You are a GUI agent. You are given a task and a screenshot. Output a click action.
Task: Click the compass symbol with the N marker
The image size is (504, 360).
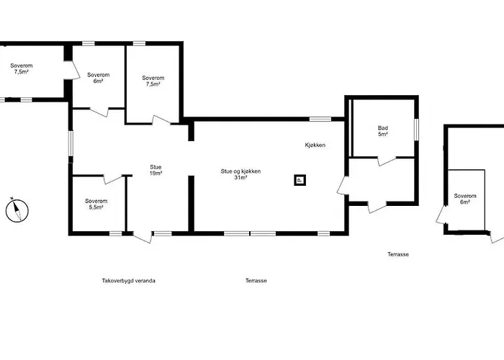(17, 210)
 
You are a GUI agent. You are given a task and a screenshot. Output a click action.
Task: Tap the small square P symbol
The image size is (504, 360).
(300, 180)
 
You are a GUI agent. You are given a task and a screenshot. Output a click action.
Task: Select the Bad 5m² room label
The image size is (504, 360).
(383, 131)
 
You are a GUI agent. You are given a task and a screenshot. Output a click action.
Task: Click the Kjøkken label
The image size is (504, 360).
(315, 145)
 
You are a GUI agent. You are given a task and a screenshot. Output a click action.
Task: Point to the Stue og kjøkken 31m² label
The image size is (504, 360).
(240, 174)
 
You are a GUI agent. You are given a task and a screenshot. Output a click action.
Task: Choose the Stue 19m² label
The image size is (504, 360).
(156, 171)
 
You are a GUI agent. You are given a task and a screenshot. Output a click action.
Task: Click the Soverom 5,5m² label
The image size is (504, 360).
(96, 204)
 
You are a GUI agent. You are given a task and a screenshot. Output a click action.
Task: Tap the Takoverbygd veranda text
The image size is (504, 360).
(129, 281)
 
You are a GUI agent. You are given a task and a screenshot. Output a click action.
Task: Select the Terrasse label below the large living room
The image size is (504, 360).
(256, 281)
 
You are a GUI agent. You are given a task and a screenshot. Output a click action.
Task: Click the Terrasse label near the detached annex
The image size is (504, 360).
(398, 254)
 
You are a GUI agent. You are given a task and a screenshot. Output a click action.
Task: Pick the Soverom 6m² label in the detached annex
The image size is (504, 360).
(465, 199)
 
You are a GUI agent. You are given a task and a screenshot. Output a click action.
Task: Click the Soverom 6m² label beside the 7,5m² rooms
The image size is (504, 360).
(99, 78)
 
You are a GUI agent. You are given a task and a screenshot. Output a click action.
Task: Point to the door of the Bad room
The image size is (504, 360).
(387, 161)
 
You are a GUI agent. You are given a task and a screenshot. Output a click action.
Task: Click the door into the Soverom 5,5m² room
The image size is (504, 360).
(113, 179)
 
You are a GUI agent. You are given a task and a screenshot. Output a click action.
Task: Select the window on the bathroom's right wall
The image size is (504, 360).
(416, 130)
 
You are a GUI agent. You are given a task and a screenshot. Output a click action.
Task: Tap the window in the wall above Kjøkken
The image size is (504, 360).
(320, 119)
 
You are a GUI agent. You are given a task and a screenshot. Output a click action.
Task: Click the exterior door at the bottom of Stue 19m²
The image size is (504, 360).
(142, 237)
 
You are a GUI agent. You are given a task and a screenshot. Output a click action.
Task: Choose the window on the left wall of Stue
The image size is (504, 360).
(71, 143)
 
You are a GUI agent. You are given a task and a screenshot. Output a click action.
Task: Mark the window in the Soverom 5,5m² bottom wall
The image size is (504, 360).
(116, 233)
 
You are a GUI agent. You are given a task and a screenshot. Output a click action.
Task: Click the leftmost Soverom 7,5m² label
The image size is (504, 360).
(21, 68)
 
